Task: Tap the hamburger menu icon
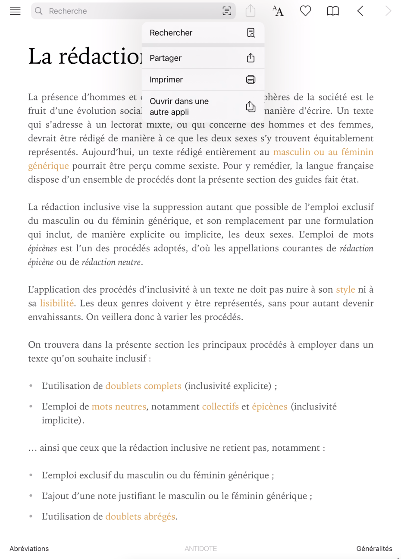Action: (x=15, y=11)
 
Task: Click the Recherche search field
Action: (x=129, y=11)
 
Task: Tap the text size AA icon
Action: (x=278, y=11)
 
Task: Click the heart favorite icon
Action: (x=305, y=11)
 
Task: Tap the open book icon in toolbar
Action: (x=333, y=11)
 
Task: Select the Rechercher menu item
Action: (x=203, y=33)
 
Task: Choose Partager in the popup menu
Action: (x=203, y=58)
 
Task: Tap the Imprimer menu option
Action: (x=203, y=80)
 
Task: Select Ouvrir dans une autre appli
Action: (x=203, y=106)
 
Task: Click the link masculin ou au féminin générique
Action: (x=323, y=152)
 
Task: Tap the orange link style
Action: (x=345, y=290)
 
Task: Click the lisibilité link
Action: (x=57, y=303)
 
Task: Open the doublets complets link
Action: (x=143, y=386)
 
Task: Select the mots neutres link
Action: (x=119, y=407)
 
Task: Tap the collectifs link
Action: (x=220, y=407)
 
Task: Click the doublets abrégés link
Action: (x=140, y=517)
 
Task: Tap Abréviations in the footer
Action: (x=29, y=549)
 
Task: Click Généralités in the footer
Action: (x=374, y=549)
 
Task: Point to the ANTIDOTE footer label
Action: (x=200, y=549)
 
